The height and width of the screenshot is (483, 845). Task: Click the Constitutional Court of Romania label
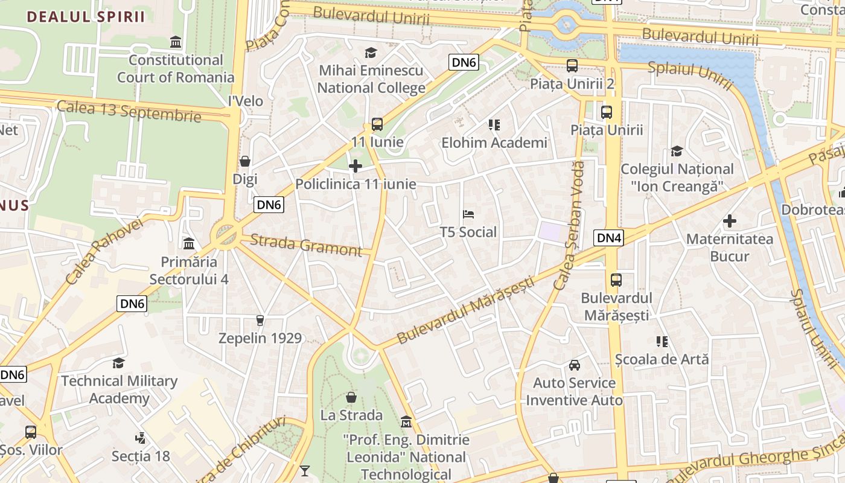[x=176, y=69]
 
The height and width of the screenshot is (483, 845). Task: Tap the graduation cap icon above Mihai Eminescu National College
[x=371, y=53]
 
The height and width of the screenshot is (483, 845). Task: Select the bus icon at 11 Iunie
[x=377, y=124]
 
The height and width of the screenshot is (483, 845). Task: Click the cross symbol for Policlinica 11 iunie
[x=356, y=166]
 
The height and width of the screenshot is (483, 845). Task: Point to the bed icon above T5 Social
[x=468, y=214]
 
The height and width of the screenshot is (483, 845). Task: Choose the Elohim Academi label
[x=494, y=143]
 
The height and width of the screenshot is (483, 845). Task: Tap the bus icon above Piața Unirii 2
[x=572, y=66]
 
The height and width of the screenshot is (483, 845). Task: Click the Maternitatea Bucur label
[x=730, y=248]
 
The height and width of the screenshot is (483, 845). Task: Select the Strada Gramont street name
[x=305, y=245]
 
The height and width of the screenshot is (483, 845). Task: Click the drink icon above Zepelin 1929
[x=260, y=320]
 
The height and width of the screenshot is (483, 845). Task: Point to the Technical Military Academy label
[x=120, y=389]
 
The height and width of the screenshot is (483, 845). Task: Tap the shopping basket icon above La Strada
[x=351, y=397]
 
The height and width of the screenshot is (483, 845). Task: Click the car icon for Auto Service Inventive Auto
[x=575, y=365]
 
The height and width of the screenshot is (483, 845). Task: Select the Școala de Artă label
[x=662, y=359]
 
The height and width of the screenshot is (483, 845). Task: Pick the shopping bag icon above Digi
[x=245, y=161]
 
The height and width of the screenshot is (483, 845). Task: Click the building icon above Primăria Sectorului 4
[x=189, y=244]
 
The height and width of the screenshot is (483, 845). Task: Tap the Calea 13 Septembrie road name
[x=129, y=111]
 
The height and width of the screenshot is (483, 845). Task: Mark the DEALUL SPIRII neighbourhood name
[x=86, y=17]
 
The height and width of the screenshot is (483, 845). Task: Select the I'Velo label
[x=246, y=101]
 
